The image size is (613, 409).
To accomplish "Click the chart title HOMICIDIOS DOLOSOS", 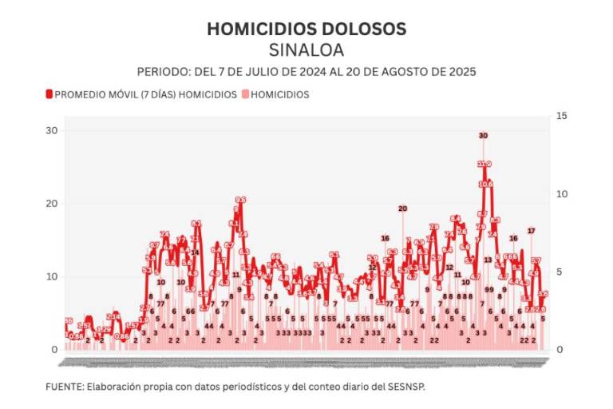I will [x=306, y=30].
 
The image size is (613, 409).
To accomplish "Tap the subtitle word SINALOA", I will [x=306, y=50].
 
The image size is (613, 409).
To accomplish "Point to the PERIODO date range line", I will [x=306, y=71].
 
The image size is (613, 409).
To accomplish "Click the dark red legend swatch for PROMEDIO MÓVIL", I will [x=49, y=94].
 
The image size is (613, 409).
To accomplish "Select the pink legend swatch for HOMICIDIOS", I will [x=245, y=94].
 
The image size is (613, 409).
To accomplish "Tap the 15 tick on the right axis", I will [x=560, y=117].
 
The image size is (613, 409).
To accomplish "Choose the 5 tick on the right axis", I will [x=560, y=272].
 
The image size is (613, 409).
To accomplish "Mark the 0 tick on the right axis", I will [x=560, y=350].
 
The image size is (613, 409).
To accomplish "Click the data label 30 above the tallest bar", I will [x=483, y=136].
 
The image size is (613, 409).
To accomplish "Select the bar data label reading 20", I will [x=402, y=208].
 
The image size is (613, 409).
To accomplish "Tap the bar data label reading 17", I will [x=531, y=231].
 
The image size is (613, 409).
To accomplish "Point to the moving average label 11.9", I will [x=484, y=165].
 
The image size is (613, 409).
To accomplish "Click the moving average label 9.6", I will [x=240, y=201].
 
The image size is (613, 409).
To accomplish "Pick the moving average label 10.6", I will [x=486, y=184].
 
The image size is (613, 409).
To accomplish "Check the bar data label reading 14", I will [x=195, y=252].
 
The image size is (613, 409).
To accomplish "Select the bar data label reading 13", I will [x=488, y=260].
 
